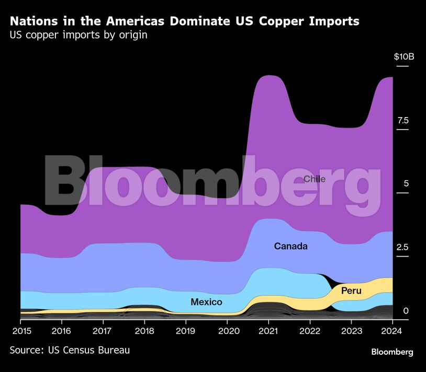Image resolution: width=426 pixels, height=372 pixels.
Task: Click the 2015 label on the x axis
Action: [20, 331]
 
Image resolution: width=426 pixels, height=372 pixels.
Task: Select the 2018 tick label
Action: [144, 331]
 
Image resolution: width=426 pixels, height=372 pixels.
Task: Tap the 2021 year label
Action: [268, 331]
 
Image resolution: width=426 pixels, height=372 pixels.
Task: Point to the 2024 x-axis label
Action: [393, 331]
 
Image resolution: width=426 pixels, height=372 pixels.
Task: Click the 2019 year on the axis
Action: [186, 331]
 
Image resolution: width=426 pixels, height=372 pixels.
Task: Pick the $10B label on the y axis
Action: [403, 56]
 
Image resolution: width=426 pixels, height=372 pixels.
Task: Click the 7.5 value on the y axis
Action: [402, 120]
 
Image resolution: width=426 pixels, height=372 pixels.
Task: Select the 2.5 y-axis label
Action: [402, 247]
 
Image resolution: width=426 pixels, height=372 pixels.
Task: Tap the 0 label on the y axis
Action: [405, 311]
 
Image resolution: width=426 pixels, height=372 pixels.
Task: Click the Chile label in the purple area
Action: [314, 179]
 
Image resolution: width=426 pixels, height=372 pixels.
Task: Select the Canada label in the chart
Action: [290, 246]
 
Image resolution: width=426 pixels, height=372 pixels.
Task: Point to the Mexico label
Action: [206, 302]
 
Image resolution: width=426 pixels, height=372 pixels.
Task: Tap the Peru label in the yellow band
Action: [351, 290]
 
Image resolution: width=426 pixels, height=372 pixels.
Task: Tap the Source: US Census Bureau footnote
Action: [70, 350]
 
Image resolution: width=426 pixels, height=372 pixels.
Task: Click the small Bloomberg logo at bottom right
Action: [392, 352]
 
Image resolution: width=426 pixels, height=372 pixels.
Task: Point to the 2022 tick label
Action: [310, 331]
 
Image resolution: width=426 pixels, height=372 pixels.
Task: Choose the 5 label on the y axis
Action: [405, 183]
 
